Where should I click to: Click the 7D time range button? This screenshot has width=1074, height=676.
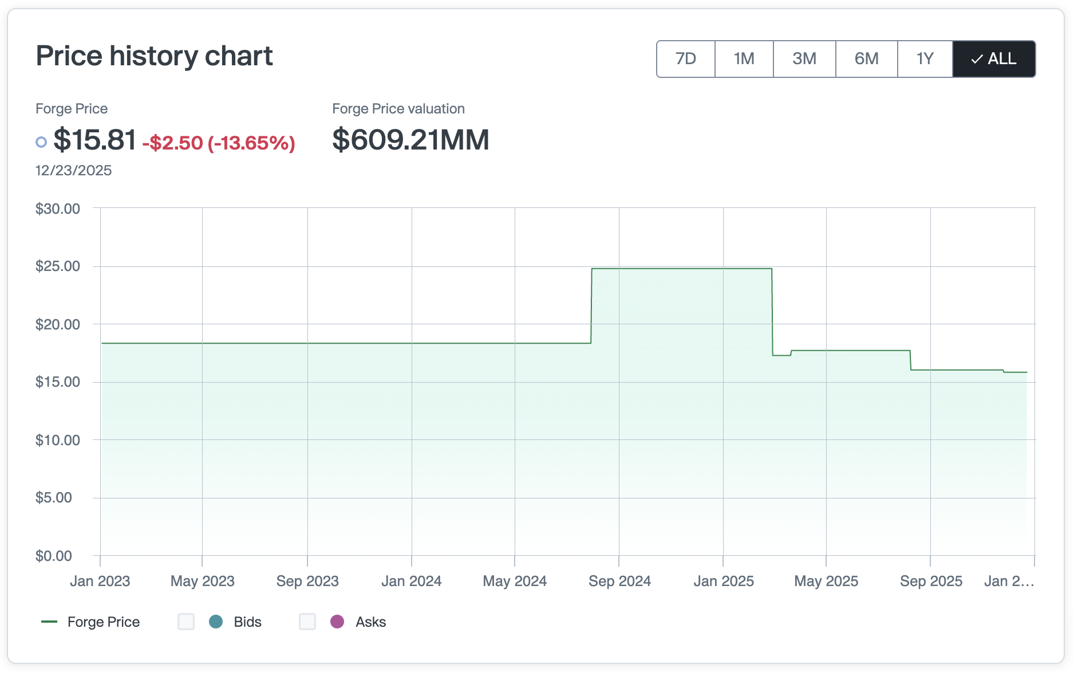[685, 59]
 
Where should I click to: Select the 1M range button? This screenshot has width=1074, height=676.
[744, 59]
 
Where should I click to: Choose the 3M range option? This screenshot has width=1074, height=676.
[804, 59]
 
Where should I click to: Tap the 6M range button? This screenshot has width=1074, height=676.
[866, 59]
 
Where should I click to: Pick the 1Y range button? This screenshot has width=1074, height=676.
[925, 59]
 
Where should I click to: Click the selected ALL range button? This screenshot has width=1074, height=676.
[994, 59]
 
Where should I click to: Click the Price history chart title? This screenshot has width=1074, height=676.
[154, 56]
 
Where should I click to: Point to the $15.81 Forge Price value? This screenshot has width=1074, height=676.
[95, 140]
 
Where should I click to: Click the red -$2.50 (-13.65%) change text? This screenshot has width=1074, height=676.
[219, 143]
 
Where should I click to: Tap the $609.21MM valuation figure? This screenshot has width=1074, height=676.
[410, 140]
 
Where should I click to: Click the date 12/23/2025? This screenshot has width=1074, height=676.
[73, 171]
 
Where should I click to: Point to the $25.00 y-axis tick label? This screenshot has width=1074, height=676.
[58, 266]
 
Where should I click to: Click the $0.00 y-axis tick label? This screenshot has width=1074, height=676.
[54, 556]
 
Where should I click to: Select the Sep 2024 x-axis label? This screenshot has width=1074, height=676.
[619, 581]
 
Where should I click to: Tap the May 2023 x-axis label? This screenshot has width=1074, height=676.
[203, 581]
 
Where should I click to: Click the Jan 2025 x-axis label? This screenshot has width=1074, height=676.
[724, 581]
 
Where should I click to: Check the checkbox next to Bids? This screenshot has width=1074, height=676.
[186, 622]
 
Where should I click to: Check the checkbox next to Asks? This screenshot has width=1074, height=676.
[307, 622]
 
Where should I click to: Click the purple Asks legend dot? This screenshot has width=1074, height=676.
[337, 622]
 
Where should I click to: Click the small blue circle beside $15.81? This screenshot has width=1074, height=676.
[41, 142]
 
